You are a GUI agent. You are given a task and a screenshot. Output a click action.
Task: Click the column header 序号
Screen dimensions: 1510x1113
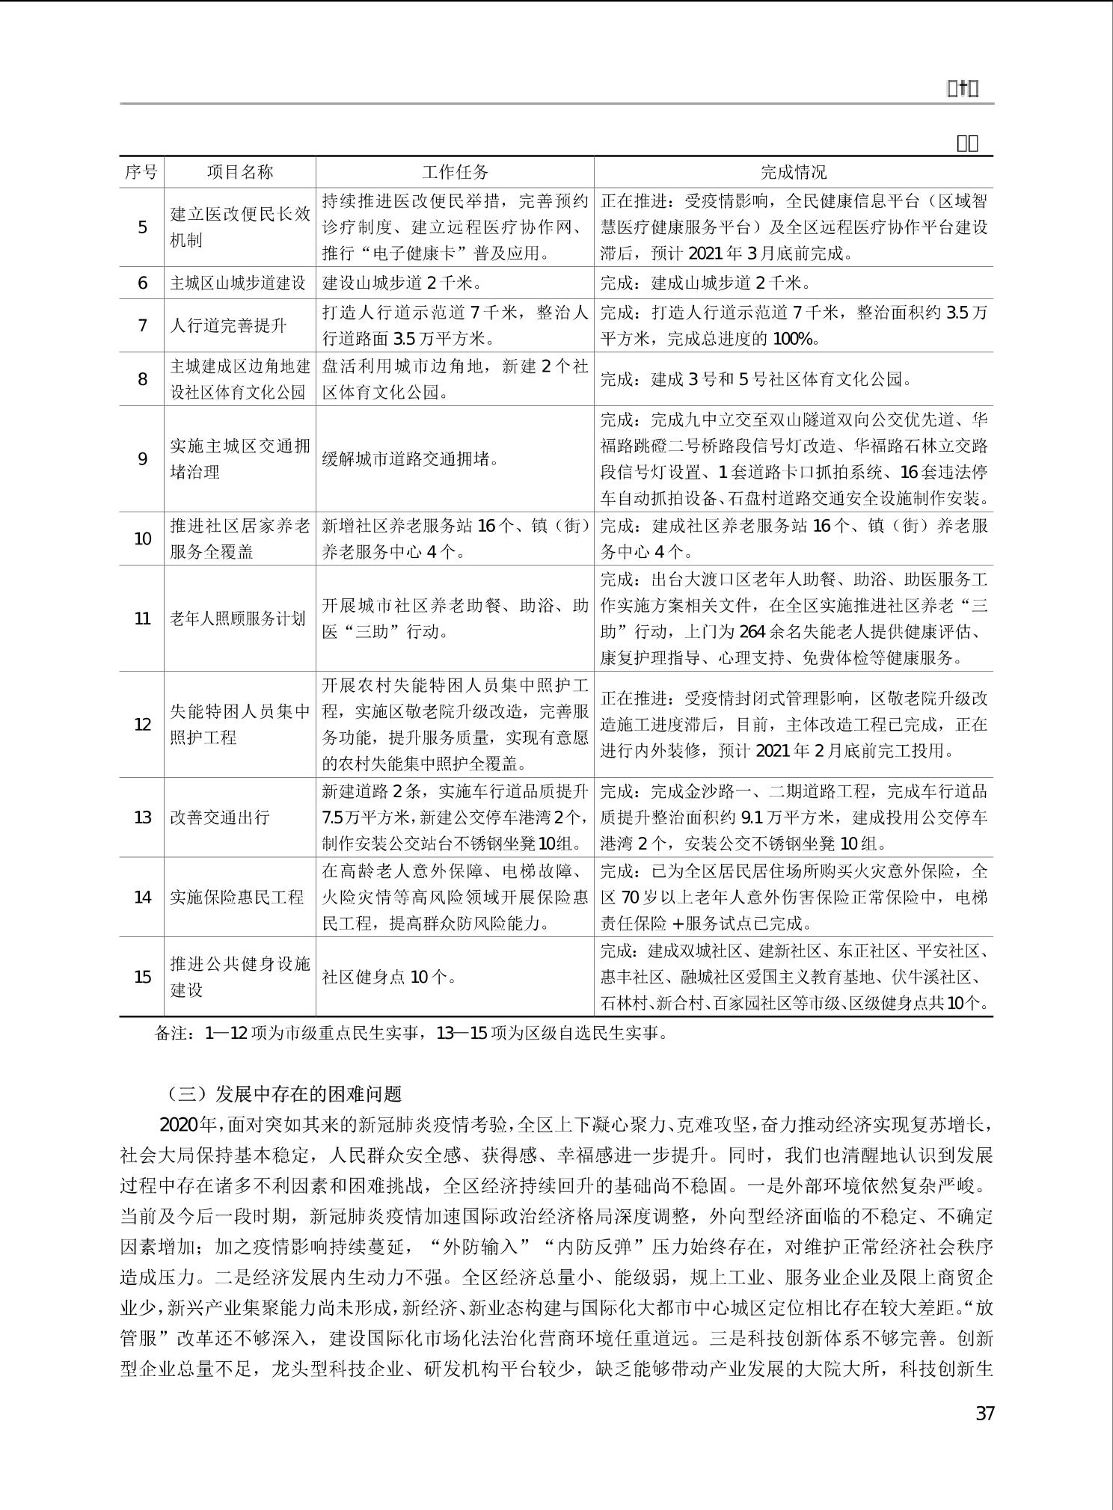click(141, 172)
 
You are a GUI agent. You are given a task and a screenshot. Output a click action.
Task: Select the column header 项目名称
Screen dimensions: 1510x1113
click(240, 172)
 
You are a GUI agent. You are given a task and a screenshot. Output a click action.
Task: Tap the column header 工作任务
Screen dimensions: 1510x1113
click(455, 172)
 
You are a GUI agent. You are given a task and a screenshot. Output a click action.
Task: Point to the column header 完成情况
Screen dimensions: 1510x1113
click(794, 172)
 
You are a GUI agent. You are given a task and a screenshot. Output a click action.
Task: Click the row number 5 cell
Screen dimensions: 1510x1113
click(142, 227)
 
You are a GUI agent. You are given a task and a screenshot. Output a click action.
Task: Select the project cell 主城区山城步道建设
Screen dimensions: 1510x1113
click(239, 283)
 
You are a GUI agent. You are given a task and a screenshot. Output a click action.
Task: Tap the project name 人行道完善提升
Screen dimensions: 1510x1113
click(229, 325)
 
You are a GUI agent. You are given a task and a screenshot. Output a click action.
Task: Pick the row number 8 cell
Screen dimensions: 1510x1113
click(142, 378)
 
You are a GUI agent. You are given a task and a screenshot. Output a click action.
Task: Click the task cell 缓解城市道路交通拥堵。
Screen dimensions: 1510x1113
click(411, 458)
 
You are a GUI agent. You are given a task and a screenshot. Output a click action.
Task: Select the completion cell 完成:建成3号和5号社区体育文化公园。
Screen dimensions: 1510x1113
click(757, 378)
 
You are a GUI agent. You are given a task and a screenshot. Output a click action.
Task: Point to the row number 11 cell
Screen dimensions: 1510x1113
click(142, 619)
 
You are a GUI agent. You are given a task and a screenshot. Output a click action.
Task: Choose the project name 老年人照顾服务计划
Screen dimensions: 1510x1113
click(239, 619)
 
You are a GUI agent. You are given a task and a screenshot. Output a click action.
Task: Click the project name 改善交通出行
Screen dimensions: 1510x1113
click(219, 817)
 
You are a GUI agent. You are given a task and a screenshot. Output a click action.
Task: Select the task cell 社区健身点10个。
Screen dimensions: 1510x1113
click(389, 977)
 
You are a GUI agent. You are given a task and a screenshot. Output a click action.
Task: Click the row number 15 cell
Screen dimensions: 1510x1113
click(142, 977)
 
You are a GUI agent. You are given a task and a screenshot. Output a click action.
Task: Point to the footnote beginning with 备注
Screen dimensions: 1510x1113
click(411, 1033)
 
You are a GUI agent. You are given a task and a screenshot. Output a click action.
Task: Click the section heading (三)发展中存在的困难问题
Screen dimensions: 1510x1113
click(283, 1093)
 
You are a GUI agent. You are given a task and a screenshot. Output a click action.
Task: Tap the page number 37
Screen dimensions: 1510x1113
click(985, 1414)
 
